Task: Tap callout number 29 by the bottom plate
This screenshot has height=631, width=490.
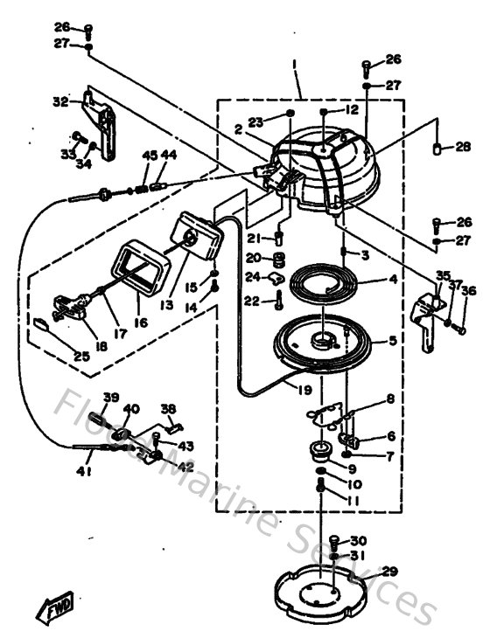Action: (388, 572)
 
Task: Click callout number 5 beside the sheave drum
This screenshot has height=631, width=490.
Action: (391, 342)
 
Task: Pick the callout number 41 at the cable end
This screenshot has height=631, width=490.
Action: (83, 473)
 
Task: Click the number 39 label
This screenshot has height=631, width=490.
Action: (110, 398)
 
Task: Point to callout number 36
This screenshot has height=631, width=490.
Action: (469, 292)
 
